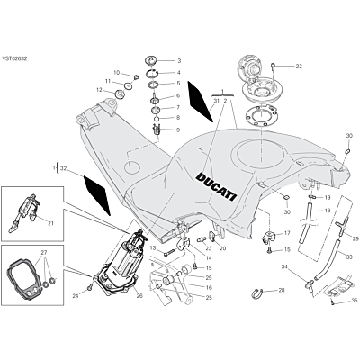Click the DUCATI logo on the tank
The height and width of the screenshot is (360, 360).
coord(216,187)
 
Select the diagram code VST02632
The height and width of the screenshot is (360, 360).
coord(14,58)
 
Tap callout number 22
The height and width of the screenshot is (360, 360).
coord(299,66)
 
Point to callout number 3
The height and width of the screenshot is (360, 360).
coord(179,61)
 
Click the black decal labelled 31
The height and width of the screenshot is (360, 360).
coord(199,101)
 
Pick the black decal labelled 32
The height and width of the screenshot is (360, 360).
coord(97,195)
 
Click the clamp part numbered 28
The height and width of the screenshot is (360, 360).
coord(256,292)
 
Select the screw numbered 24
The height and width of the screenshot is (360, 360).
coord(89,288)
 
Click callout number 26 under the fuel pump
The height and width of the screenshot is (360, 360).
coord(139,296)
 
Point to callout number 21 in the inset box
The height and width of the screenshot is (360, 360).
coord(50,223)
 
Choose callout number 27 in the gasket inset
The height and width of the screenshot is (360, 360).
coord(44,253)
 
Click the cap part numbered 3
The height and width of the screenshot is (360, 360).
coord(151,60)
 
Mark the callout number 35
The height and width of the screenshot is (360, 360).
coord(355,301)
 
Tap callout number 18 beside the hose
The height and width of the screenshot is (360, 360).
coord(328,211)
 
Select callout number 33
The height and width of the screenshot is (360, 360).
coord(349,256)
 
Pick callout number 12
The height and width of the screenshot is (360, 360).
coord(99,89)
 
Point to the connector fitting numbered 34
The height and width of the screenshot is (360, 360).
coord(309,284)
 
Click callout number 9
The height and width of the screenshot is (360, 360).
coord(178,130)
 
